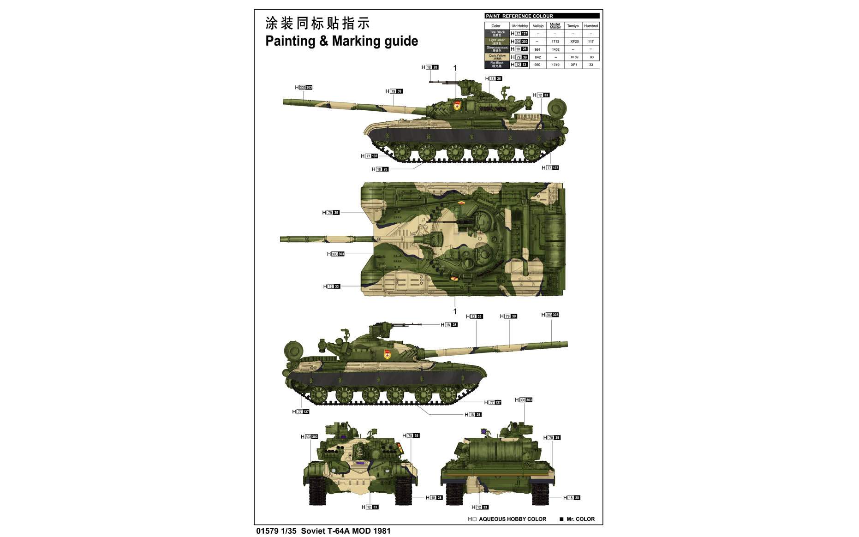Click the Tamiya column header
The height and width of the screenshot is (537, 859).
point(573,26)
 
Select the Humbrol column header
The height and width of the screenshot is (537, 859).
point(591,26)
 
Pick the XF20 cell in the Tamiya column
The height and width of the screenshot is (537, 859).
point(574,42)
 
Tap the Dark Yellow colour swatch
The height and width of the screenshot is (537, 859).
point(497,57)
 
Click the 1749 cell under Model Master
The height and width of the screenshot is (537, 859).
point(555,65)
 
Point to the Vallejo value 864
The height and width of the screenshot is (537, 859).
point(537,49)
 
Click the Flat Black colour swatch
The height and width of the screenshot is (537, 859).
point(497,65)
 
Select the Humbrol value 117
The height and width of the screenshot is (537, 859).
point(591,42)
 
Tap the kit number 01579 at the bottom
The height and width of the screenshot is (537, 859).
point(267,531)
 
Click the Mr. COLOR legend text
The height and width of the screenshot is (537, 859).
point(580,519)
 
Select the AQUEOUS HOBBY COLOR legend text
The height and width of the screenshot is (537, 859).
point(512,519)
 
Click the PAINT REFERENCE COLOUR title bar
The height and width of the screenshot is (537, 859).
point(542,16)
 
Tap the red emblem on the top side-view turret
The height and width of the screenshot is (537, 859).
point(457,107)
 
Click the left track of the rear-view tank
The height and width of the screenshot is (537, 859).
point(454,494)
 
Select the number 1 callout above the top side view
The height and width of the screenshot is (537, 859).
point(455,68)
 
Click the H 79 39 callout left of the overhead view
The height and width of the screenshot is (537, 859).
point(331,213)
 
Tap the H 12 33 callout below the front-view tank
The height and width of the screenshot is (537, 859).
point(370,507)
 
